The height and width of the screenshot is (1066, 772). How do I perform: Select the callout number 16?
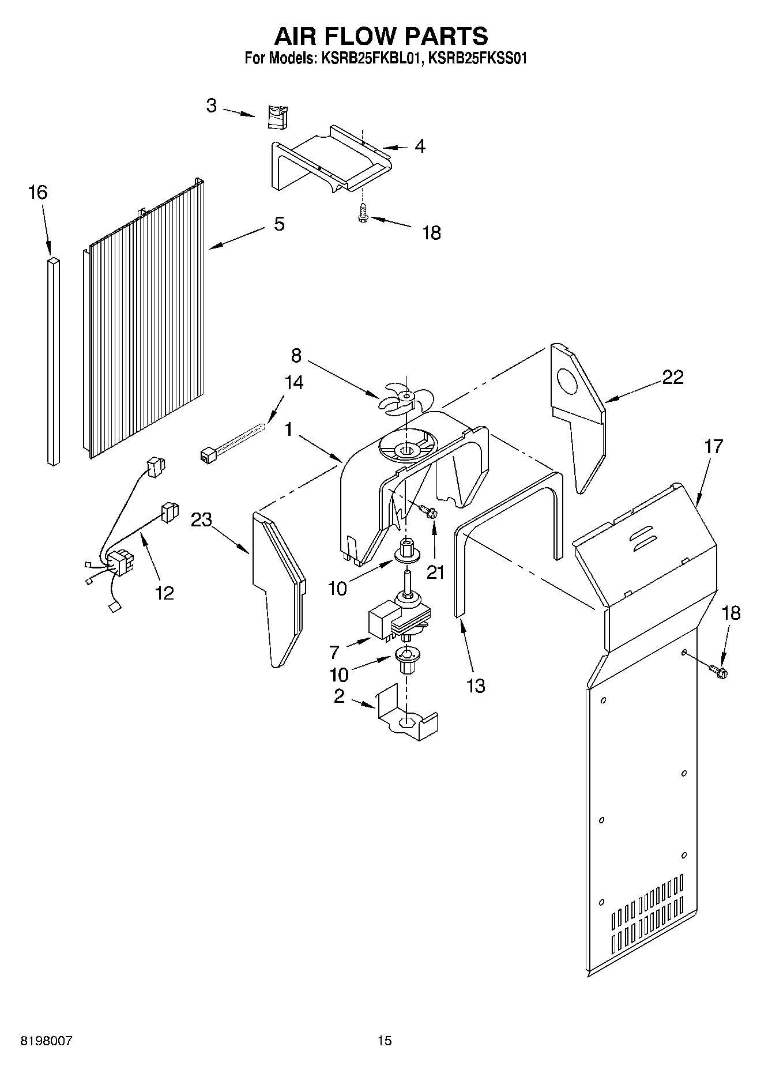coord(37,193)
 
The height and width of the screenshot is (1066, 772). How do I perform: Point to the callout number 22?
coord(672,377)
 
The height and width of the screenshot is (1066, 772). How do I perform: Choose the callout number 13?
coord(476,685)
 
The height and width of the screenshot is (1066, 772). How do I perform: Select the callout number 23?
coord(201,520)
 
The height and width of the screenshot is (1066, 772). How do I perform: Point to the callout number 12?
coord(164,592)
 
